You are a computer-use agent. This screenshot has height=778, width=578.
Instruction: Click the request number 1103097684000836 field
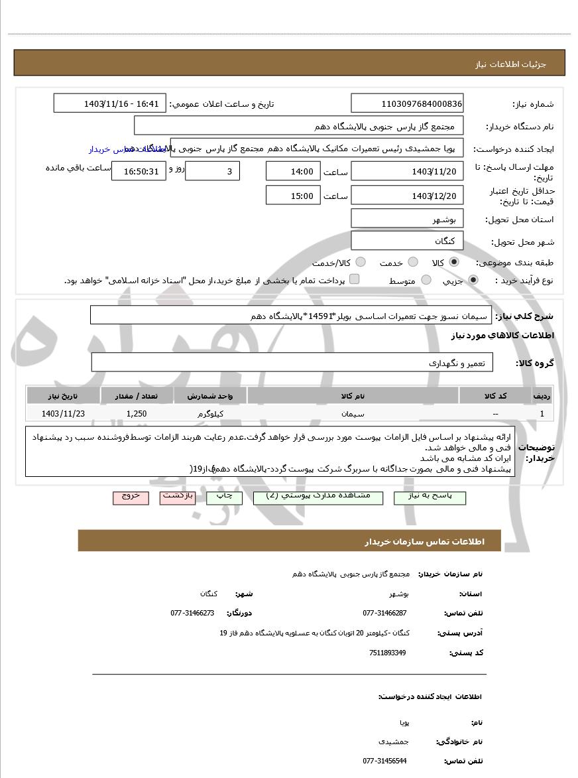click(x=407, y=103)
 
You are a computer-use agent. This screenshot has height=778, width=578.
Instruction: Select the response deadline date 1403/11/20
click(x=407, y=171)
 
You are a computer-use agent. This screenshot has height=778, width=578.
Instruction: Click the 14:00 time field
click(x=292, y=171)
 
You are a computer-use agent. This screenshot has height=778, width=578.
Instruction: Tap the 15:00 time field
click(x=292, y=195)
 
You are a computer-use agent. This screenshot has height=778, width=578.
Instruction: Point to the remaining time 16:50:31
click(x=138, y=171)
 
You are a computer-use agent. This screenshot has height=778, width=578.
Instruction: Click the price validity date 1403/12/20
click(x=407, y=195)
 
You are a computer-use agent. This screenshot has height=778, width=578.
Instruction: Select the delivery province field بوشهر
click(x=407, y=219)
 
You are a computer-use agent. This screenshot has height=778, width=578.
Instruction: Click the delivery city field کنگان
click(x=407, y=240)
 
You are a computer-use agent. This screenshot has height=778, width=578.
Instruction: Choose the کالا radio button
click(x=455, y=262)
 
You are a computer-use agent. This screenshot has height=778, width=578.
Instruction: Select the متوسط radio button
click(x=426, y=280)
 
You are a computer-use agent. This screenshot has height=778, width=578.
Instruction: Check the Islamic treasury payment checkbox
click(x=354, y=279)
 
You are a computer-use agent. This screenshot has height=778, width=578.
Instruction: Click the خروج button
click(x=131, y=497)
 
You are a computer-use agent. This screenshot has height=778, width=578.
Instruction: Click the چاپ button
click(x=224, y=497)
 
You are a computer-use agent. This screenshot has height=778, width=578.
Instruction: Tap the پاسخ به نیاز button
click(x=430, y=497)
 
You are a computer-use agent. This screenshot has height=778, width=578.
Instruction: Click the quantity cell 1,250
click(x=137, y=413)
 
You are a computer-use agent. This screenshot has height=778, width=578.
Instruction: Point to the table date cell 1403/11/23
click(x=63, y=413)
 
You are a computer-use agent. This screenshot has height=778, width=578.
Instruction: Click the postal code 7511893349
click(x=388, y=653)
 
